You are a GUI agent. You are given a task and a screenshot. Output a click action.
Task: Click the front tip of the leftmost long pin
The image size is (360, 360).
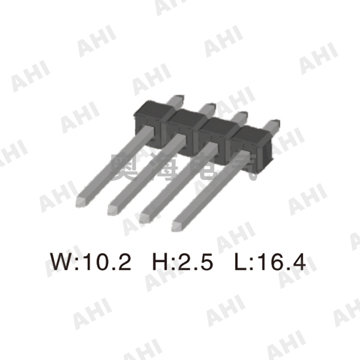pos(82,201)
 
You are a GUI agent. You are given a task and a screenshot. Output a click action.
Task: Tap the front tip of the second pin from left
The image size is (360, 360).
pos(114,210)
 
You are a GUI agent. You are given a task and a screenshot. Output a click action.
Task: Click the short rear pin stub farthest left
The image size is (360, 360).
pos(175,99)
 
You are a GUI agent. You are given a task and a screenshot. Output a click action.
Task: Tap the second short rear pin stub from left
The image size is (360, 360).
pos(208,107)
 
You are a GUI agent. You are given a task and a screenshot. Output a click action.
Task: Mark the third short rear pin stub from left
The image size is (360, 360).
pos(240,116)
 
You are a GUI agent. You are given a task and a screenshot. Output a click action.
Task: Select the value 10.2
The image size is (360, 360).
pos(106,262)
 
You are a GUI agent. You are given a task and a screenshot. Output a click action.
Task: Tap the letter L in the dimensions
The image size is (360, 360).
pos(241,262)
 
